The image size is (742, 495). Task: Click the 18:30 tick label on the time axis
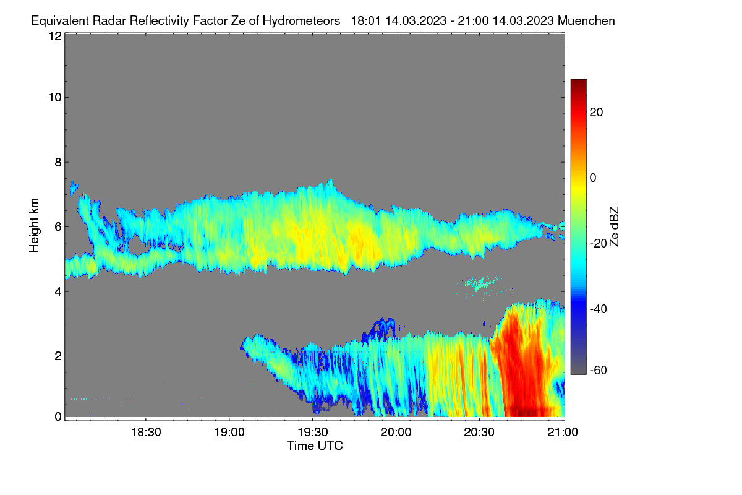coord(146,432)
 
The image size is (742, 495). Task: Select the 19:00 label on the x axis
coord(229,432)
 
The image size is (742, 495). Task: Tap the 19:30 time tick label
coord(313,432)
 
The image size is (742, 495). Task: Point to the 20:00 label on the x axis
coord(396,432)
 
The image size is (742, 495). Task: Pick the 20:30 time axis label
coord(479,432)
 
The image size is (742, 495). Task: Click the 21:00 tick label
coord(563,432)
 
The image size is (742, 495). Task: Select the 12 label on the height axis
coord(55,36)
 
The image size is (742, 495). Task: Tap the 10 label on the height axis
coord(55,98)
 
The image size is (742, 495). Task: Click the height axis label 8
coord(59,162)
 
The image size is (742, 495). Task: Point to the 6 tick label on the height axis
coord(59,227)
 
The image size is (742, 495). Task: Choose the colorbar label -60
coord(599,370)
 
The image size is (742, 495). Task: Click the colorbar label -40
coord(599,309)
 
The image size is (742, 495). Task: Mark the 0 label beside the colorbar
coord(593,178)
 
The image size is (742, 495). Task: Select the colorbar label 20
coord(596,113)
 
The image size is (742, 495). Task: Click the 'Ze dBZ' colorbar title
coord(614,227)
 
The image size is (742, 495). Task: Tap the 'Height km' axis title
coord(34,225)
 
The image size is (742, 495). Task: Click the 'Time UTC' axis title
coord(315,445)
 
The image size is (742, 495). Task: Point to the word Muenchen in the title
coord(586,21)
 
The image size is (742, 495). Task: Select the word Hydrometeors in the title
coord(302,21)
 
